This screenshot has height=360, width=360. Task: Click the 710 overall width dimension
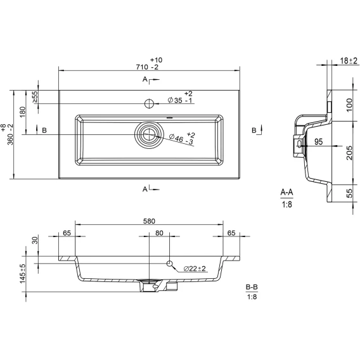pos(149,63)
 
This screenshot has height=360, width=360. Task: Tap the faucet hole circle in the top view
pos(149,103)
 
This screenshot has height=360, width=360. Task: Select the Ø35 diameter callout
pos(181,98)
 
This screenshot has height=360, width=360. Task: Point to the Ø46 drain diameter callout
pos(183,138)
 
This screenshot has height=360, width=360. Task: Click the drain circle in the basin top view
pos(149,134)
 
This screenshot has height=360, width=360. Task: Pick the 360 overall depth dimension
pos(8,134)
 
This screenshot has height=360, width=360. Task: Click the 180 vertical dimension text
pos(23,112)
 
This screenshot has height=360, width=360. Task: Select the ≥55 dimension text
pos(35,97)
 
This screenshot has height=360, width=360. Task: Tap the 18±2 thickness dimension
pos(349,61)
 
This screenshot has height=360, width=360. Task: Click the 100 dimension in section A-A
pos(349,105)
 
